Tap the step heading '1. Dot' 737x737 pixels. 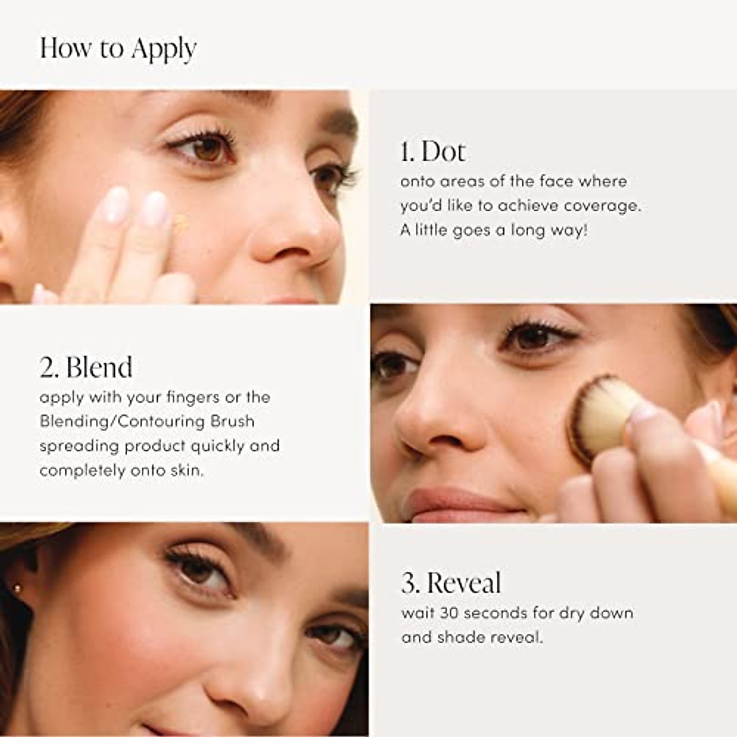pos(432,152)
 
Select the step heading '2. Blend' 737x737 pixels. pos(86,367)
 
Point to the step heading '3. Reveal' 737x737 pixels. pos(451,583)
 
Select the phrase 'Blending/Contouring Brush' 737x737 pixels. pos(147,421)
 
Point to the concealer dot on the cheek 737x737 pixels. pos(180,222)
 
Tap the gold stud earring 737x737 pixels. pos(17,590)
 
